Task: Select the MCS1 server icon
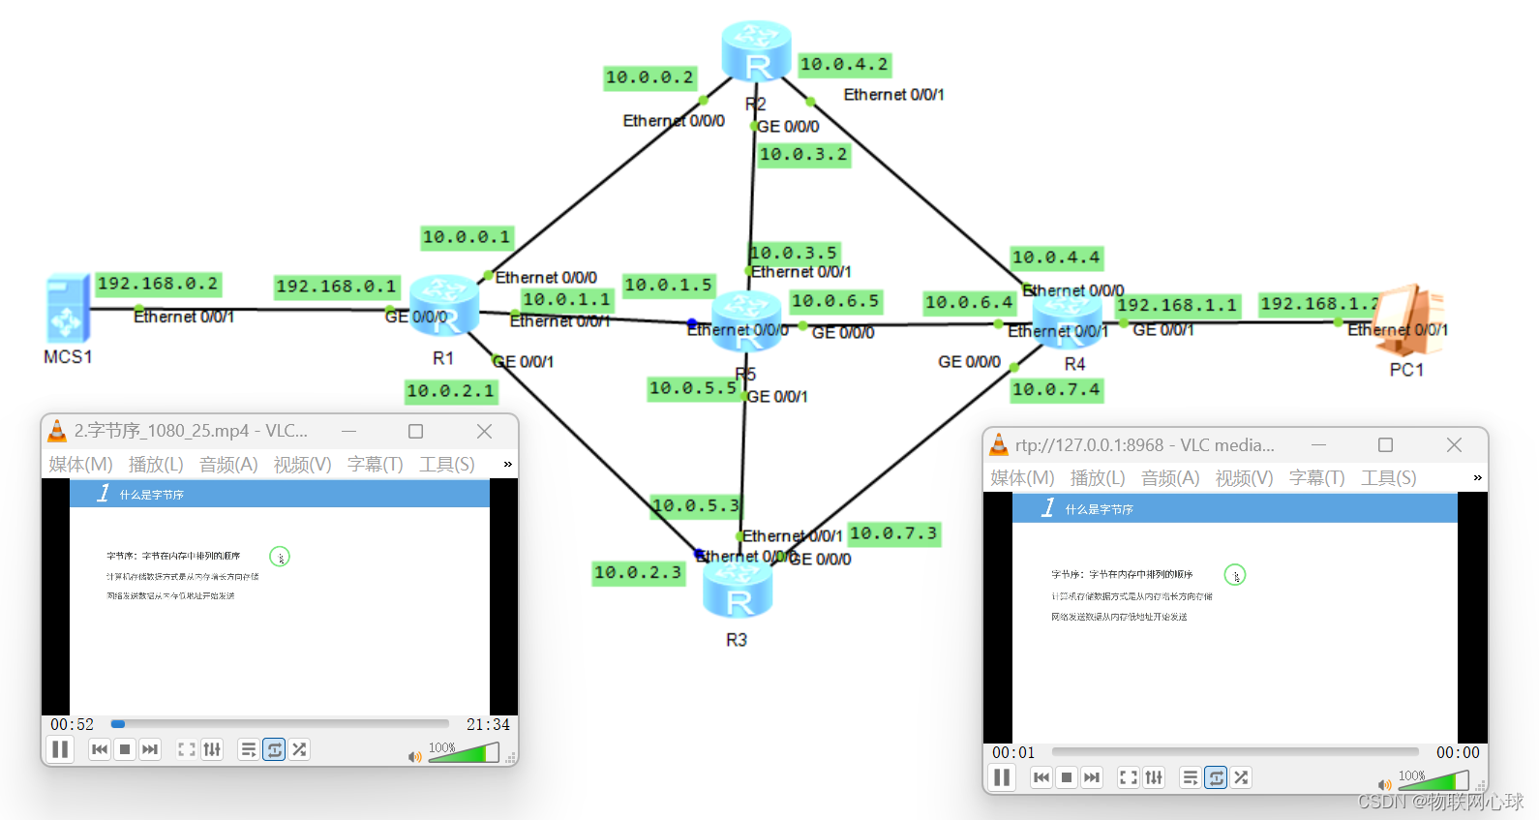67,309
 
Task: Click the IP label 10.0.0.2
649,77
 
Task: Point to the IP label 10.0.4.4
1056,258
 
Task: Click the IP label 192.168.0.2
158,284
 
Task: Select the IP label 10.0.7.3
893,533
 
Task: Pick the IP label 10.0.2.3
638,572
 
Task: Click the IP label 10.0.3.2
803,154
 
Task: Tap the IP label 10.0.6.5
835,301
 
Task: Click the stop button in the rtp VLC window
1067,777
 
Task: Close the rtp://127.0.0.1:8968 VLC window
1454,444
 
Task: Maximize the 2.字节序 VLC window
415,431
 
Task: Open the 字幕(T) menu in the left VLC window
375,465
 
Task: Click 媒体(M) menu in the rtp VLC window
1022,478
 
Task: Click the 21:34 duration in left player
487,724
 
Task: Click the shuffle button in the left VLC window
299,749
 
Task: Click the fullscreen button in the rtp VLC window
1128,777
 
